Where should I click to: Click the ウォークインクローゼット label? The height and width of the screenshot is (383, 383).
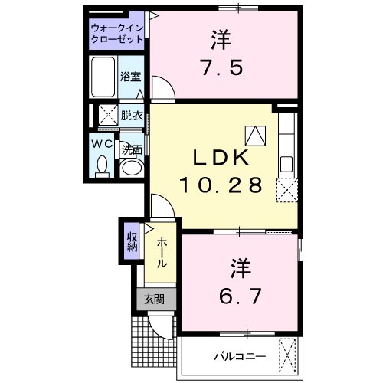click(117, 32)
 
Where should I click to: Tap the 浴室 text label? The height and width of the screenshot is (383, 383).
click(131, 77)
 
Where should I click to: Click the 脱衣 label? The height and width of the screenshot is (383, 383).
click(131, 116)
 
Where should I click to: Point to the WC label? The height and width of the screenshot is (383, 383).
click(103, 143)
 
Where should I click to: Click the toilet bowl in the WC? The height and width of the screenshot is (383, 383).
click(103, 164)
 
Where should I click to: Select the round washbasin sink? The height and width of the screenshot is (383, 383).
click(132, 168)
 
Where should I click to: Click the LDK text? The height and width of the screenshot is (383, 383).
click(219, 158)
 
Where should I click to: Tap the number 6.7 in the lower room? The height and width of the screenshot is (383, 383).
click(237, 294)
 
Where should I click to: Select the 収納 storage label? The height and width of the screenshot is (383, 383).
click(132, 241)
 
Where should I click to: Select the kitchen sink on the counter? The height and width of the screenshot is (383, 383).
click(286, 163)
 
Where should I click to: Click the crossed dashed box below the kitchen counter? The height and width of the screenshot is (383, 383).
click(286, 189)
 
